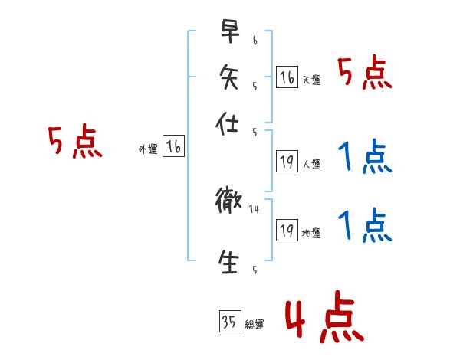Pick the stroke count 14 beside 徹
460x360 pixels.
255,208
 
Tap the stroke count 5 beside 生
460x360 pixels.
254,270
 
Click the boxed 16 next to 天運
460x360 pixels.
287,77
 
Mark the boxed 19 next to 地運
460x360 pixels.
287,230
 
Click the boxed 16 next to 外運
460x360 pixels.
173,148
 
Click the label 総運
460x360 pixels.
255,325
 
